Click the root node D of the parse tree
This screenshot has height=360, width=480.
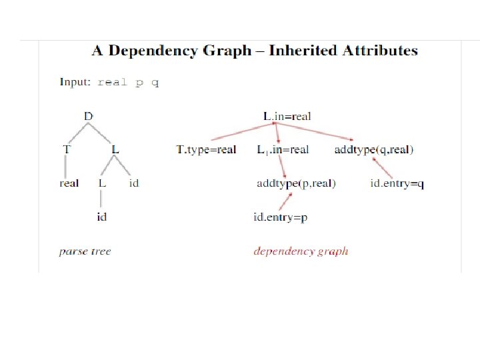click(x=89, y=116)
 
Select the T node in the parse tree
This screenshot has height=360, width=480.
click(x=66, y=149)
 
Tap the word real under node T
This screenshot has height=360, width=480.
click(x=69, y=183)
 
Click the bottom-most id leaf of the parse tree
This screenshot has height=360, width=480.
click(x=101, y=216)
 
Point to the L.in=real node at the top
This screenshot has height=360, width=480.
click(x=287, y=116)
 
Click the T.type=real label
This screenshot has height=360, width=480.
click(x=206, y=149)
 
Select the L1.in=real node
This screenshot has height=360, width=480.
click(x=283, y=149)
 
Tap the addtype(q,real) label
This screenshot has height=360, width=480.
click(x=373, y=149)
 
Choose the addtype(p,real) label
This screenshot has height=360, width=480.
click(x=296, y=183)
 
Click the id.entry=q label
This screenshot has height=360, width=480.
click(x=397, y=183)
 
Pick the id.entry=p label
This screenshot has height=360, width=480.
click(x=280, y=217)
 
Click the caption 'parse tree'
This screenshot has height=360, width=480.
click(x=85, y=251)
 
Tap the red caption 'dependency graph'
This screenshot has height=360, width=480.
click(x=301, y=251)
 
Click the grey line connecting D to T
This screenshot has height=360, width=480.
click(x=77, y=133)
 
